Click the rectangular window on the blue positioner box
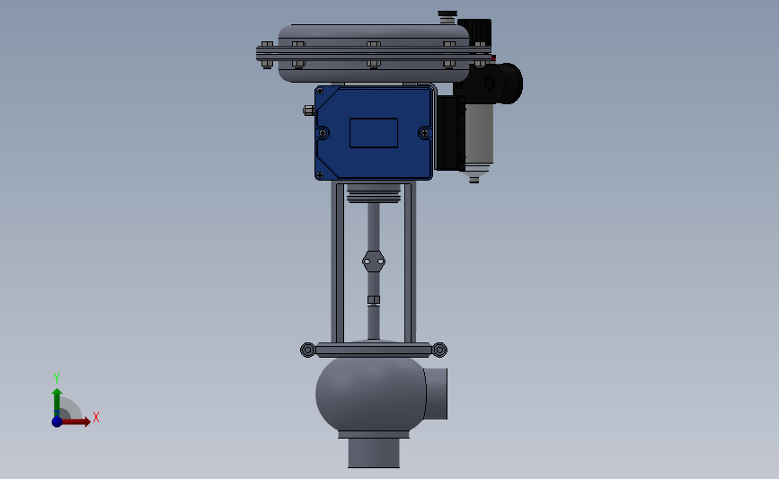(x=374, y=133)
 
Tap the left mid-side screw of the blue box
(x=323, y=133)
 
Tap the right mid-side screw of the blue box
(x=424, y=133)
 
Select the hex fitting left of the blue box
(x=309, y=111)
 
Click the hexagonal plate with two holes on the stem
(x=374, y=262)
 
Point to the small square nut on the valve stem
(x=374, y=299)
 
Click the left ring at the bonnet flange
(x=308, y=350)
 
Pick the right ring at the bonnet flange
(x=439, y=350)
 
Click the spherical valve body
(x=370, y=394)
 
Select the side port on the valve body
(x=437, y=394)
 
